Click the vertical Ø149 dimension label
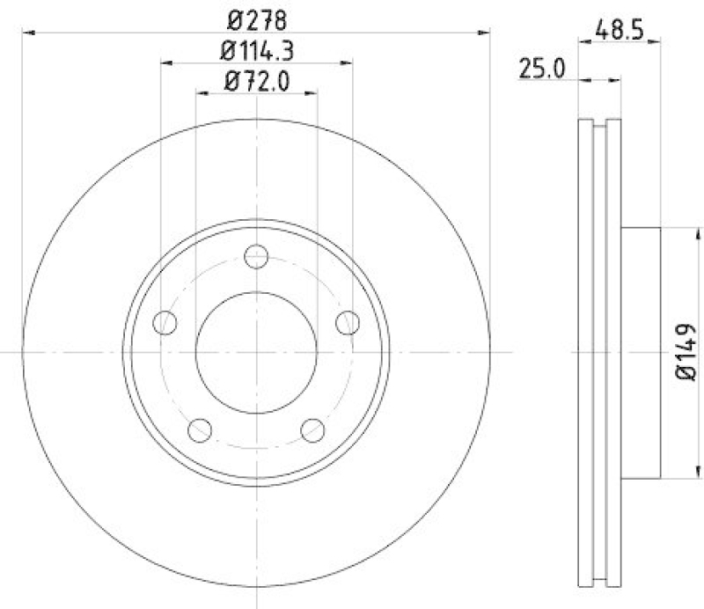pyautogui.click(x=687, y=352)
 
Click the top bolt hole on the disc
pyautogui.click(x=256, y=257)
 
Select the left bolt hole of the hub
pyautogui.click(x=165, y=323)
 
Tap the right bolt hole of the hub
pyautogui.click(x=348, y=323)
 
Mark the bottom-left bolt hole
pyautogui.click(x=201, y=429)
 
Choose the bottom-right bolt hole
pyautogui.click(x=312, y=429)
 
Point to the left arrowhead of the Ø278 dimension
pyautogui.click(x=27, y=33)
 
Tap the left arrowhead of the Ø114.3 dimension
pyautogui.click(x=166, y=62)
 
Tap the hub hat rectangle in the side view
pyautogui.click(x=640, y=352)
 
